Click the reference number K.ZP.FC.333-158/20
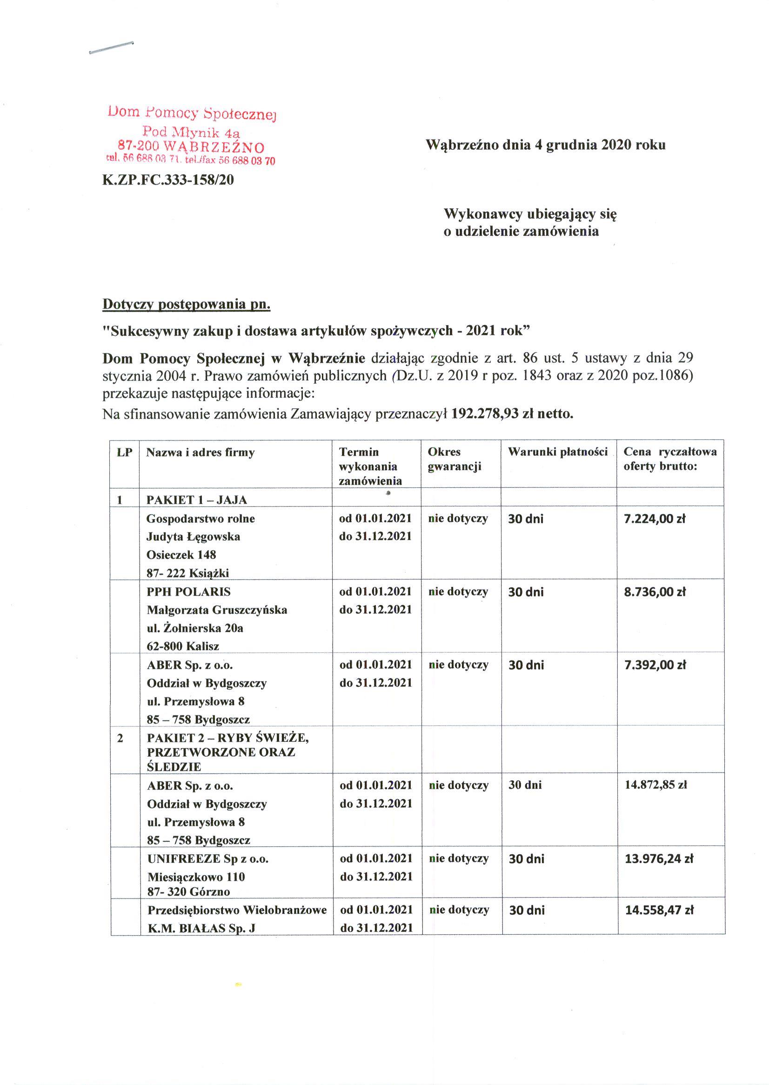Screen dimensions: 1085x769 pyautogui.click(x=168, y=180)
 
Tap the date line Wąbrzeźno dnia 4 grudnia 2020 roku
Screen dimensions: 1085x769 pyautogui.click(x=546, y=145)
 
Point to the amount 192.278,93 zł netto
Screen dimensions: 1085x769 pyautogui.click(x=512, y=414)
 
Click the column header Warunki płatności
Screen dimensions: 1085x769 pyautogui.click(x=558, y=452)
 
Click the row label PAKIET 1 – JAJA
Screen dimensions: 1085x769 pyautogui.click(x=196, y=500)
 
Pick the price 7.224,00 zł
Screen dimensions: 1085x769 pyautogui.click(x=655, y=519)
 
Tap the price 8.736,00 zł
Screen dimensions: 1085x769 pyautogui.click(x=655, y=592)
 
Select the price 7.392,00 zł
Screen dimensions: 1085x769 pyautogui.click(x=655, y=665)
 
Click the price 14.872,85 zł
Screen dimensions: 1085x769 pyautogui.click(x=656, y=785)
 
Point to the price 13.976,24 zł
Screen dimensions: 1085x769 pyautogui.click(x=659, y=858)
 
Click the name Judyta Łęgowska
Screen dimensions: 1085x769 pyautogui.click(x=193, y=537)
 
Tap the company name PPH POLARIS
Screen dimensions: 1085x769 pyautogui.click(x=188, y=592)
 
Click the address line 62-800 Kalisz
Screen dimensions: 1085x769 pyautogui.click(x=183, y=646)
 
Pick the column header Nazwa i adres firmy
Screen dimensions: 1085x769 pyautogui.click(x=201, y=453)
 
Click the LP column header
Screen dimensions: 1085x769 pyautogui.click(x=125, y=453)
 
